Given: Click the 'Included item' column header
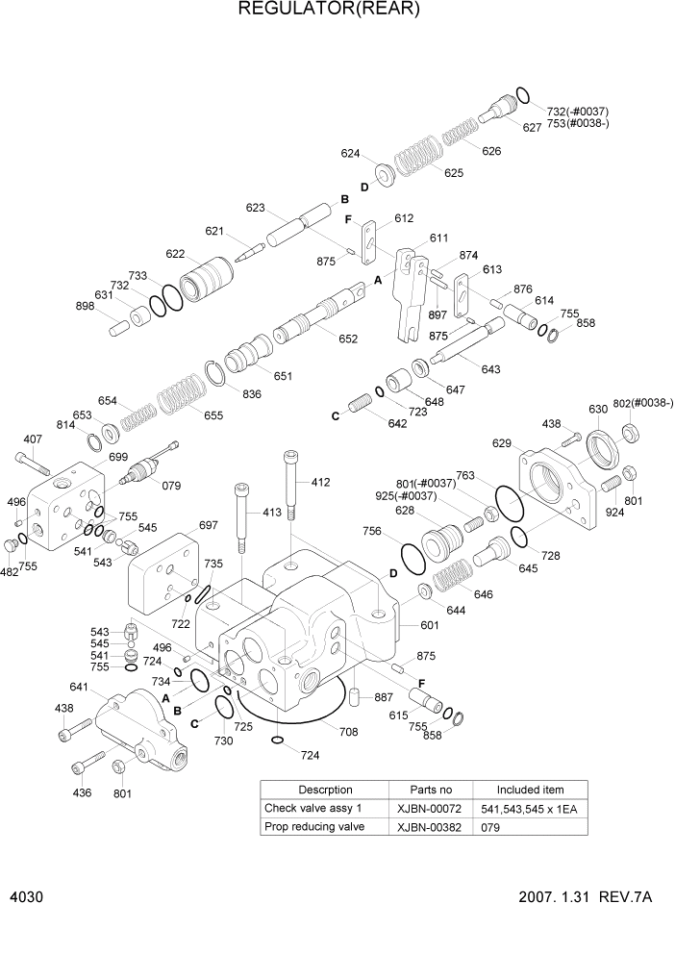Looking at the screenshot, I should (530, 789).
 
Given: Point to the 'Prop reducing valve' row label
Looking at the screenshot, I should (314, 827).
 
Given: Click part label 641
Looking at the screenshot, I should (79, 687).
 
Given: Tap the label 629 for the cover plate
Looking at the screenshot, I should (501, 443).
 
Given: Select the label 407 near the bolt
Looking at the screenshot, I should (33, 439).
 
